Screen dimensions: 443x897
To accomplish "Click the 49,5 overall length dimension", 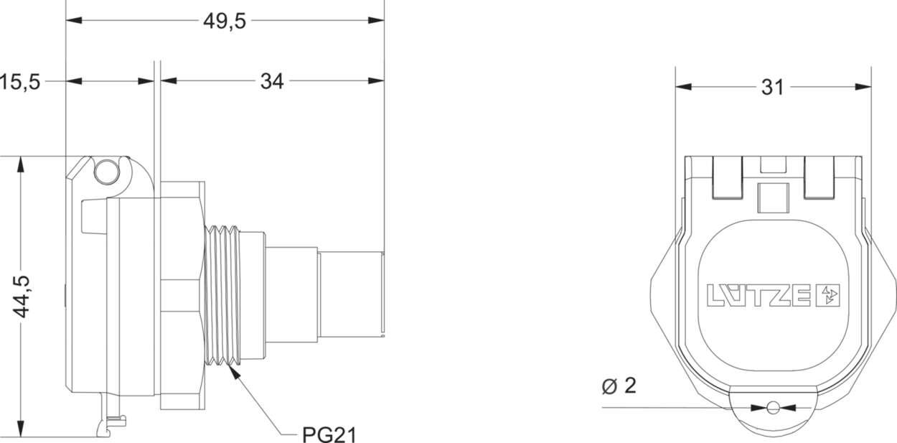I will click(x=224, y=22).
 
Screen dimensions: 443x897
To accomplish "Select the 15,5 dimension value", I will click(x=20, y=82).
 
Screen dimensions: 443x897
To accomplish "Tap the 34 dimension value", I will click(x=271, y=82).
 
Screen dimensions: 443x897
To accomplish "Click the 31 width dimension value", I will click(x=772, y=88).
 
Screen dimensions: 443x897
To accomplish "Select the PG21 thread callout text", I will click(x=329, y=434).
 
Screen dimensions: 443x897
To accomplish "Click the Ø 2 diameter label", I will click(x=619, y=386).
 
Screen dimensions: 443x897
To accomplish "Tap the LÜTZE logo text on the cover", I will click(x=761, y=295).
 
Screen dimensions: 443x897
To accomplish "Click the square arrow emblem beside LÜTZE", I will click(x=828, y=295).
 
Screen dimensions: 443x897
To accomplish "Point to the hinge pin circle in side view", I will click(x=105, y=172).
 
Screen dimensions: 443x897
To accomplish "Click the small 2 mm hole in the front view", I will click(x=772, y=408).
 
